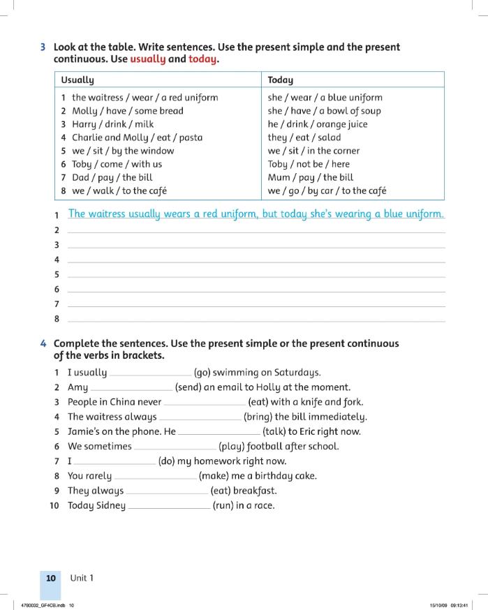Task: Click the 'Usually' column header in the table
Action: tap(77, 80)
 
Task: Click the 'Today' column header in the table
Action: tap(281, 80)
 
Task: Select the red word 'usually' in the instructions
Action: tap(147, 59)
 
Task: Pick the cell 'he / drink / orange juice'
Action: tap(317, 124)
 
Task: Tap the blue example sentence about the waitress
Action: tap(256, 214)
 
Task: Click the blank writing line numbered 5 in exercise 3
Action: tap(256, 275)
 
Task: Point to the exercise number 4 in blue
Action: tap(43, 343)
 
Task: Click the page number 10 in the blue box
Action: tap(51, 578)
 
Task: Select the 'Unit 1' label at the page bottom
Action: tap(82, 578)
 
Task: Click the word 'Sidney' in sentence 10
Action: tap(110, 505)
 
